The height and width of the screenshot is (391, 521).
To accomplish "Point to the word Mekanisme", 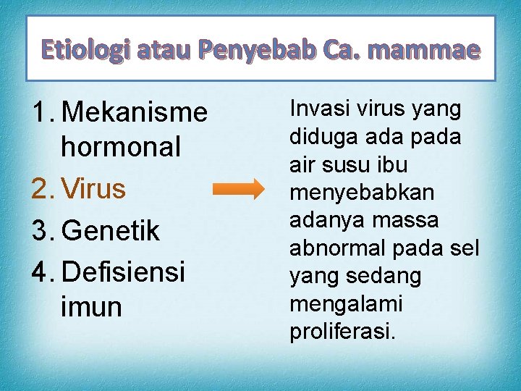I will pos(135,112).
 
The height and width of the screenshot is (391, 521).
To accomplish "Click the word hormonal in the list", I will pos(121,147).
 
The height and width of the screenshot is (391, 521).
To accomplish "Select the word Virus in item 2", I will pos(94,189).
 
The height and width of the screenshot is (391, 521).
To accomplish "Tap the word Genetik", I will pos(111,232).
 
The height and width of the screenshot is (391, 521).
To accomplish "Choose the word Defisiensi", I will pos(124,272).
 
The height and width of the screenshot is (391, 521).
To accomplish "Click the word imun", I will pos(92,307).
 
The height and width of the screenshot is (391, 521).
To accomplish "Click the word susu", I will pos(346,165).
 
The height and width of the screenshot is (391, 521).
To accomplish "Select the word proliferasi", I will pos(342,332).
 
